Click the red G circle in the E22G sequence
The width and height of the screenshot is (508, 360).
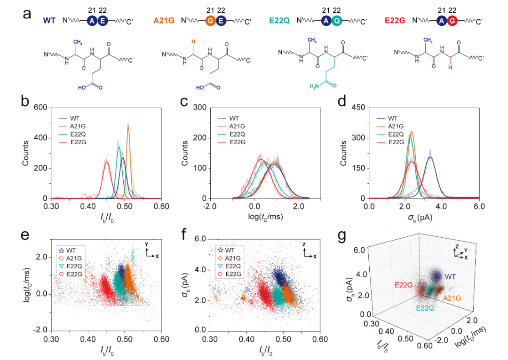click(x=452, y=21)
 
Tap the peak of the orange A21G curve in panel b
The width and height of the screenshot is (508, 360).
click(x=128, y=125)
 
